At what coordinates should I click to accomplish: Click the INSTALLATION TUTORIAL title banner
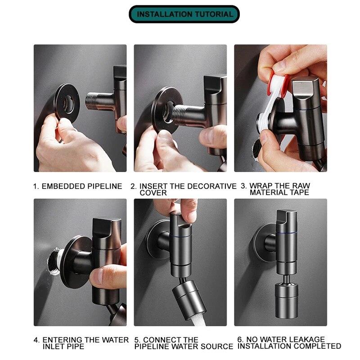185,14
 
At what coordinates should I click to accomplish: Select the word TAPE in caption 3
299,193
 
